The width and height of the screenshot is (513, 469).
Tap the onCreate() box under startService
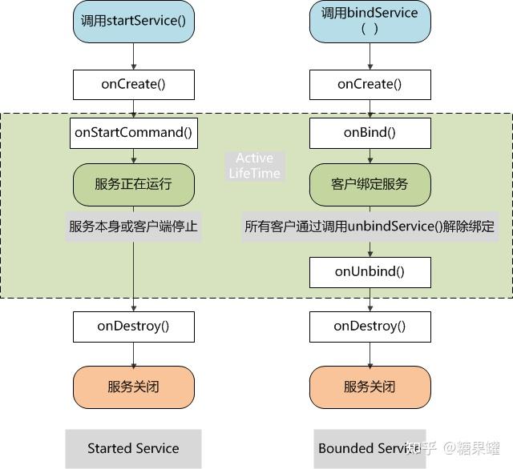pyautogui.click(x=133, y=84)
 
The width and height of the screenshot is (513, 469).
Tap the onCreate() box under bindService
pyautogui.click(x=370, y=84)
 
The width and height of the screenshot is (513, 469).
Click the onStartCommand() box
pyautogui.click(x=133, y=133)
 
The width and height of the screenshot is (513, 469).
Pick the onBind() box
pyautogui.click(x=370, y=133)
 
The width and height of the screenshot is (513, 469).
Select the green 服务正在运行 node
pyautogui.click(x=133, y=184)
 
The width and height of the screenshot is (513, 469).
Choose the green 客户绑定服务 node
pyautogui.click(x=370, y=184)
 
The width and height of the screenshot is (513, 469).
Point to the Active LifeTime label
pyautogui.click(x=255, y=166)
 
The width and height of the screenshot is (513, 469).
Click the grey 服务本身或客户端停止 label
pyautogui.click(x=133, y=226)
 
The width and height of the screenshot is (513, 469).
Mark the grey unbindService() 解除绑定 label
pyautogui.click(x=370, y=226)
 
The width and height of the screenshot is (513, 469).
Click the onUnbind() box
pyautogui.click(x=370, y=272)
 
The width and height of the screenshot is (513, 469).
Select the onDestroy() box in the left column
pyautogui.click(x=133, y=326)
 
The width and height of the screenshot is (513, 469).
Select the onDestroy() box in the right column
pyautogui.click(x=370, y=326)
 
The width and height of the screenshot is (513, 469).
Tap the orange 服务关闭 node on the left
pyautogui.click(x=133, y=387)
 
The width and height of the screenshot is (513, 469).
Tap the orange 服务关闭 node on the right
pyautogui.click(x=370, y=387)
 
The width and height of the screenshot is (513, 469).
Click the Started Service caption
pyautogui.click(x=133, y=448)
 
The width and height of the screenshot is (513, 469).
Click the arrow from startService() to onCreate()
pyautogui.click(x=133, y=56)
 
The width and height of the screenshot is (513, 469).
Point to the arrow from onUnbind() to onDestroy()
pyautogui.click(x=370, y=299)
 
